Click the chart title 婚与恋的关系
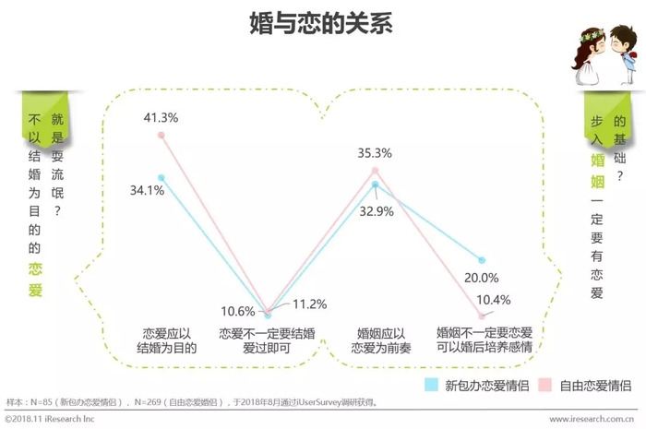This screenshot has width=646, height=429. coord(322,24)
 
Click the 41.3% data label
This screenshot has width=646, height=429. coord(161,117)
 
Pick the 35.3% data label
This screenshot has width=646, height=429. coord(376,153)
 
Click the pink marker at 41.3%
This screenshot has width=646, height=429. coord(161,135)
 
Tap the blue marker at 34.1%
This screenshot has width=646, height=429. coord(161,176)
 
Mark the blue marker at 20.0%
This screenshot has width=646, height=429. coord(481,261)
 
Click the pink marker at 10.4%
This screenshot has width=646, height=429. coord(481,316)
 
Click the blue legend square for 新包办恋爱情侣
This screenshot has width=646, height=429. coord(431,383)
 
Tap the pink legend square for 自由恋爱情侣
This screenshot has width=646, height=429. coord(544,383)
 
